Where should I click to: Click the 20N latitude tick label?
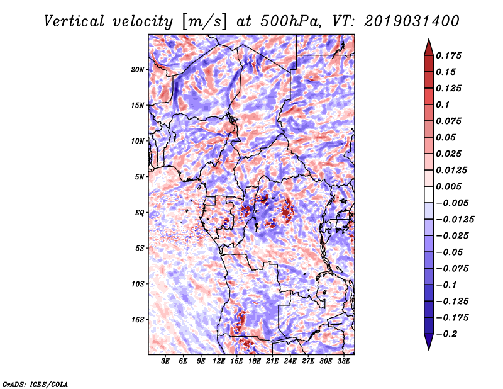[x=138, y=69]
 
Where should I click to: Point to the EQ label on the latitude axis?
[x=140, y=213]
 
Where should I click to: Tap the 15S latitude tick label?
[x=138, y=320]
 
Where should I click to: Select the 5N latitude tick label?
[x=140, y=177]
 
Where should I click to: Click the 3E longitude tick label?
[x=166, y=362]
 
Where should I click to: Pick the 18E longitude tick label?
[x=255, y=362]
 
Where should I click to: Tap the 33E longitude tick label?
[x=343, y=362]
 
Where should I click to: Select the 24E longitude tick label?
[x=290, y=362]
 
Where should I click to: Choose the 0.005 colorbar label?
[x=451, y=186]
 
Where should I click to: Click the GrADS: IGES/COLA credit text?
[x=35, y=383]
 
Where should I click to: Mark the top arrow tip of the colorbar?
[x=428, y=40]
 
